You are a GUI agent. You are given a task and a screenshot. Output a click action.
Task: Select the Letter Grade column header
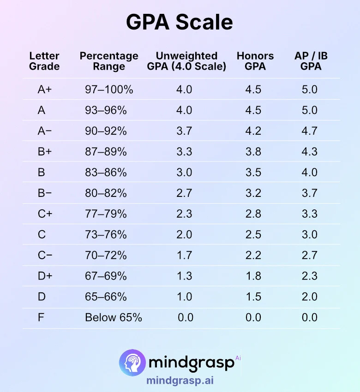point(44,61)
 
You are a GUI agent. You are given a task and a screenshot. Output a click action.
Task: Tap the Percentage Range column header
point(109,61)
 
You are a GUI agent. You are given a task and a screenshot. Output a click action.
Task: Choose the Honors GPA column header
point(255,61)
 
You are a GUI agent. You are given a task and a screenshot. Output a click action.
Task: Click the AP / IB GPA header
point(311,61)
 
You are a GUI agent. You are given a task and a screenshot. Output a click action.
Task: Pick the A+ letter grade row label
point(45,89)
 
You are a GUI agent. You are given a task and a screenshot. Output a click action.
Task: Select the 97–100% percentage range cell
point(109,89)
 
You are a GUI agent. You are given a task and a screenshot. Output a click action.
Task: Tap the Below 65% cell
point(114,317)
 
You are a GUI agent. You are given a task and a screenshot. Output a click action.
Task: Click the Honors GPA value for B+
point(253,152)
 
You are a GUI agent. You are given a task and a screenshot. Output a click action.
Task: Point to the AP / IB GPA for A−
point(309,131)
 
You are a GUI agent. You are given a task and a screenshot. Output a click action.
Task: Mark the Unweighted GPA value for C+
point(184,214)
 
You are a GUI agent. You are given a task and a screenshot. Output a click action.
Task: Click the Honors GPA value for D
point(253,297)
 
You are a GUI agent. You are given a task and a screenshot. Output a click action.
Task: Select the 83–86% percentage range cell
point(106,172)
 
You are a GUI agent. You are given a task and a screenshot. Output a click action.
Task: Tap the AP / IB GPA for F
point(309,317)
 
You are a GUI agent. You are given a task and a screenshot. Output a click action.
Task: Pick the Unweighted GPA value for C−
point(184,255)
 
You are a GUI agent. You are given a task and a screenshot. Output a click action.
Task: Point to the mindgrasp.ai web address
point(180,381)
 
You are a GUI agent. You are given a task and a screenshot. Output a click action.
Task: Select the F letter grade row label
point(41,317)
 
